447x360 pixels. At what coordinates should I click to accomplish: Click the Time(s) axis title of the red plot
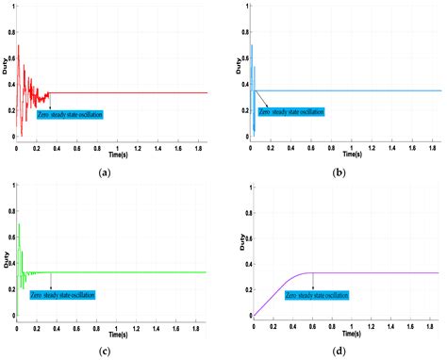[112, 149]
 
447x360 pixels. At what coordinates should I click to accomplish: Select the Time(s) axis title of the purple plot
[348, 333]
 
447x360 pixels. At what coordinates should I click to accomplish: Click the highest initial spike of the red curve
[18, 45]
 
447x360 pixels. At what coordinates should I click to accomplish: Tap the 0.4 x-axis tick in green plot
[56, 325]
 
